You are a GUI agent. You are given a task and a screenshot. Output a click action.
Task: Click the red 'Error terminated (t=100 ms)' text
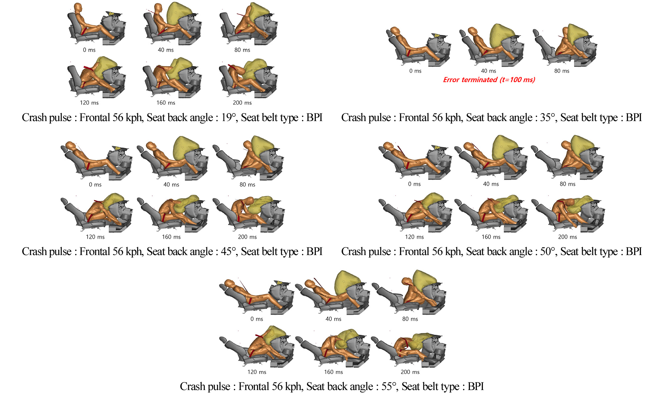[489, 80]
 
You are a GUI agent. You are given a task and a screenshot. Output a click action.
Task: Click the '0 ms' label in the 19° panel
[89, 50]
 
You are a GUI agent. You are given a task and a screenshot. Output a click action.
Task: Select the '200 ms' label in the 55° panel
[410, 372]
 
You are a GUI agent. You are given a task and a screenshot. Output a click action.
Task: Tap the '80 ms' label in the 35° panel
[562, 71]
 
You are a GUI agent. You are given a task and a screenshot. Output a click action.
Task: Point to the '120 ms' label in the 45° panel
[95, 237]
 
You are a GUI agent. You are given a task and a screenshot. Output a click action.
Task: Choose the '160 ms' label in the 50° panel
[491, 237]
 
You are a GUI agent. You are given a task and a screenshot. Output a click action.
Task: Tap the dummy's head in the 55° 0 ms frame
[230, 283]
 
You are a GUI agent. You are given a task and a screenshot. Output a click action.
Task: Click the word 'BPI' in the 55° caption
[476, 386]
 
